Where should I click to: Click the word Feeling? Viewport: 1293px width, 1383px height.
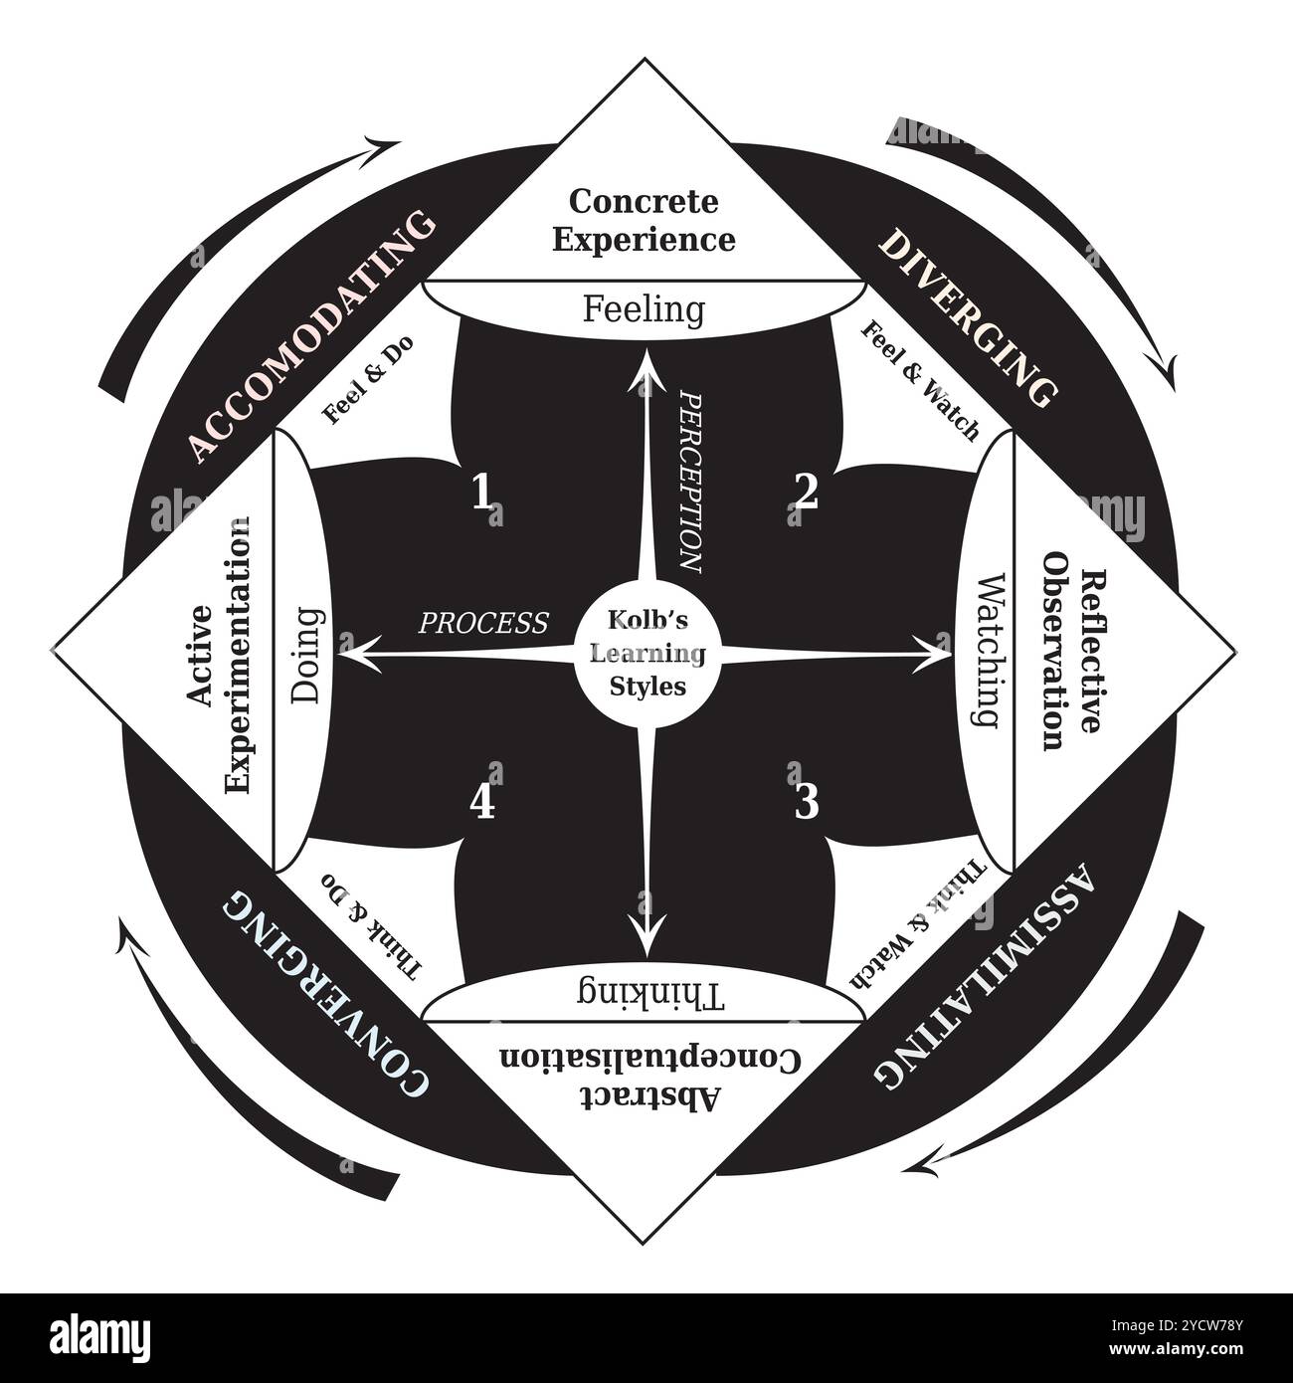(x=644, y=309)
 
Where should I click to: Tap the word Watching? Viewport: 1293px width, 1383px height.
(x=984, y=651)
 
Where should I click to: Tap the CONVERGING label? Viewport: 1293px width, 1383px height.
(x=325, y=995)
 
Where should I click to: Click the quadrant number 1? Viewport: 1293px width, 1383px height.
(x=482, y=492)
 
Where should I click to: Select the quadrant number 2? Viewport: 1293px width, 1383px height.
(x=806, y=492)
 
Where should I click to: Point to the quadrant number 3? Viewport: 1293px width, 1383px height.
(x=806, y=801)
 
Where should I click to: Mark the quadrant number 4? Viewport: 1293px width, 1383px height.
(x=482, y=802)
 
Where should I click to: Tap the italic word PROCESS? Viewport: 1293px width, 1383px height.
(x=483, y=623)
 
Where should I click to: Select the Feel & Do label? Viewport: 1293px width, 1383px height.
(x=369, y=380)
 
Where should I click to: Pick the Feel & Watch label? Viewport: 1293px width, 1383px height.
(x=919, y=381)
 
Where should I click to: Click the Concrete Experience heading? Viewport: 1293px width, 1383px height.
(x=645, y=220)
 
